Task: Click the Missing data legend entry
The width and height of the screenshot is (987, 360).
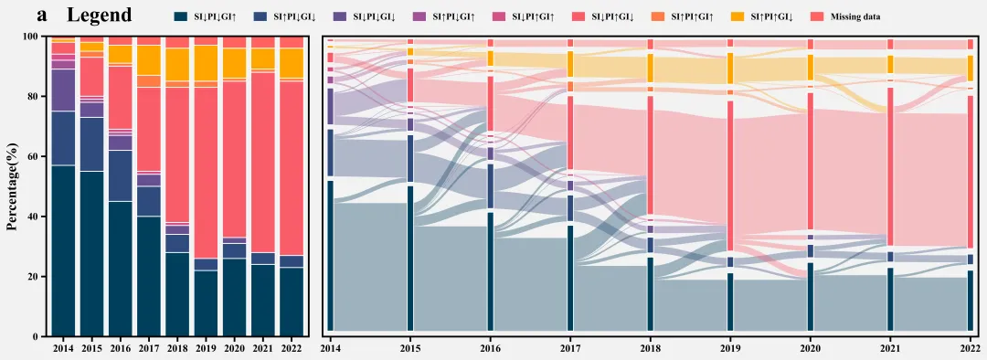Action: [x=851, y=17]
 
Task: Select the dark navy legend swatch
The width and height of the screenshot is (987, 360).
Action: [x=183, y=17]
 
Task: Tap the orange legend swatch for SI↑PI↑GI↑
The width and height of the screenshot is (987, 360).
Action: [x=663, y=17]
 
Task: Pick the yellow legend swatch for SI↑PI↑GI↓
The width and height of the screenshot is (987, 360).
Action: [x=743, y=17]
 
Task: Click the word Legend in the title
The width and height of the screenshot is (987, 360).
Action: [x=101, y=16]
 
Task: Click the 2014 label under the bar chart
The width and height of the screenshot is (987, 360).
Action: [x=64, y=347]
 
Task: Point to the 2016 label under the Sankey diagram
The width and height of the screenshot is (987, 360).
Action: [x=490, y=347]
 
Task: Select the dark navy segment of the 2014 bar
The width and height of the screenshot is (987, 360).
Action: [x=64, y=250]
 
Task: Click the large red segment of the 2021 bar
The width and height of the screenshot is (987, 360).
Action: [x=262, y=163]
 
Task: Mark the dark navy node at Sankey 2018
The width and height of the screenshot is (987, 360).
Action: [x=651, y=294]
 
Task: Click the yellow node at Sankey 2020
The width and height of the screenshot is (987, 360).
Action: [x=811, y=68]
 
